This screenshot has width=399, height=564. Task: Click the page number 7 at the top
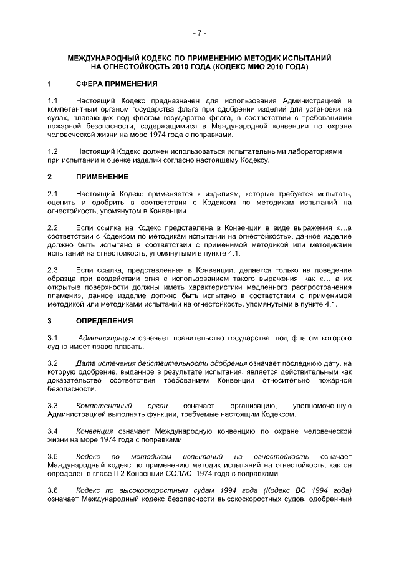pos(199,32)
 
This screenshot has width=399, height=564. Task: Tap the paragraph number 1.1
pos(53,100)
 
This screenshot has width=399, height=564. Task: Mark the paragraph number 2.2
pos(53,228)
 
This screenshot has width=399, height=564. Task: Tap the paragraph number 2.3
pos(53,270)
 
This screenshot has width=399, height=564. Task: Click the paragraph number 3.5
pos(53,457)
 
